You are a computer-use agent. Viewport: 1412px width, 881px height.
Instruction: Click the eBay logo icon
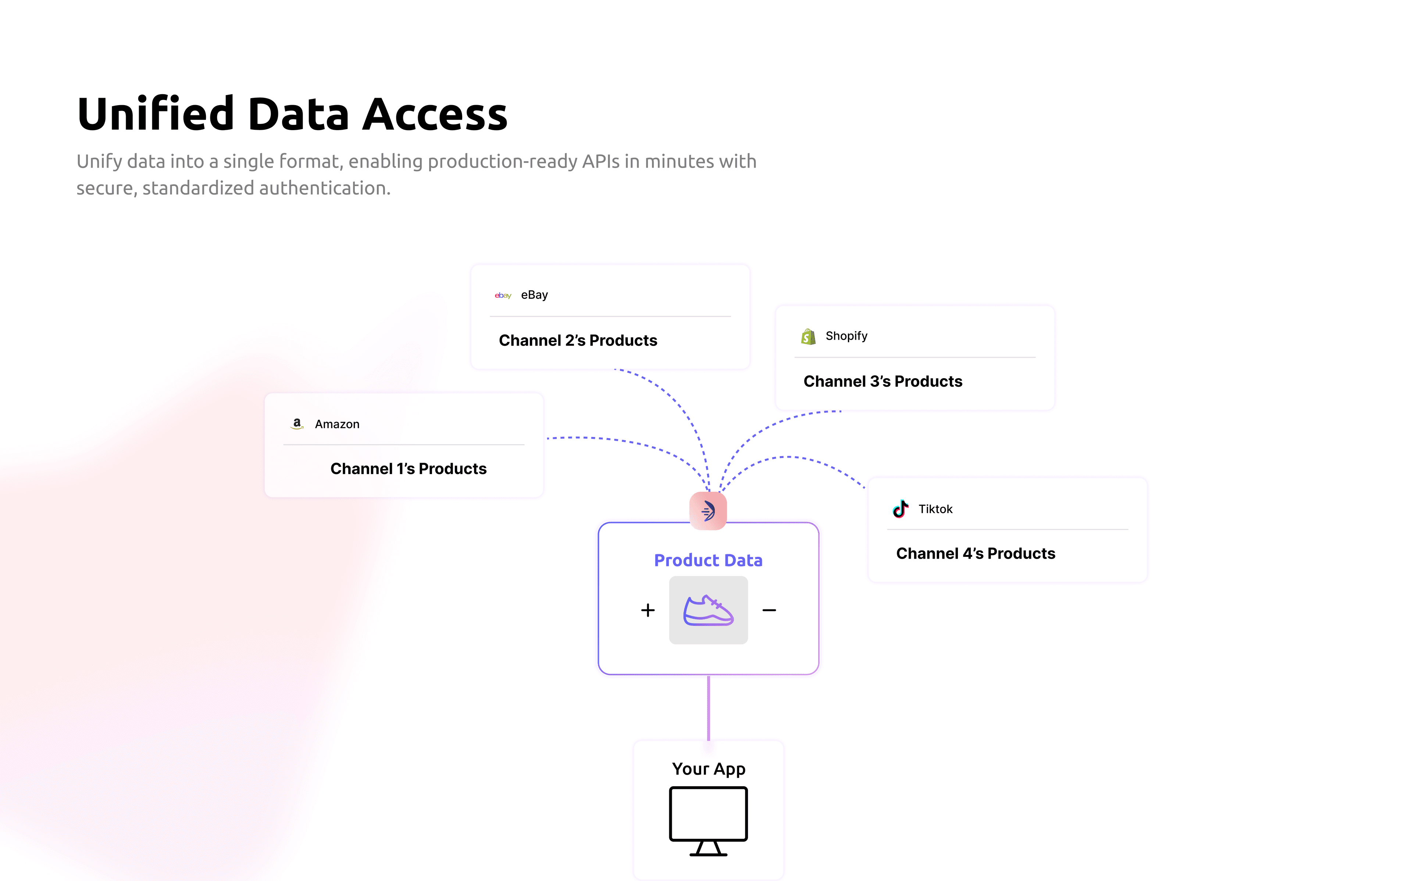coord(502,296)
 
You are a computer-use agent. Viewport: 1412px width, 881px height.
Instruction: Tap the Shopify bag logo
coord(808,336)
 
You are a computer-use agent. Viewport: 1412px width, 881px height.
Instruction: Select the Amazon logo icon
coord(297,424)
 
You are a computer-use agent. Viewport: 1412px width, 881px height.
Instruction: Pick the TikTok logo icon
coord(901,509)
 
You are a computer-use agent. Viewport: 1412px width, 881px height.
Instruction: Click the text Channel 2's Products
coord(578,340)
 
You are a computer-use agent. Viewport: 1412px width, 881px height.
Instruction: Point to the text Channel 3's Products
coord(882,381)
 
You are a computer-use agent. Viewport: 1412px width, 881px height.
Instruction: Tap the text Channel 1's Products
coord(408,469)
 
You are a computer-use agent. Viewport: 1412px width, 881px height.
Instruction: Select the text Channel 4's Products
coord(975,554)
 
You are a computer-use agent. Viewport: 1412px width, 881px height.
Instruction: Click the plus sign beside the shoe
coord(648,610)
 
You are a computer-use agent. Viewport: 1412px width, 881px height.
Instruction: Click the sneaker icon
coord(708,610)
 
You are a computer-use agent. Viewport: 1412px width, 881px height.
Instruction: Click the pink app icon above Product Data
coord(708,511)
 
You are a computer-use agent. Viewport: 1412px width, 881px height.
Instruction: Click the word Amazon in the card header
coord(337,424)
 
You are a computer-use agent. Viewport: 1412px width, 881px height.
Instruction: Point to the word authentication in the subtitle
coord(325,188)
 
